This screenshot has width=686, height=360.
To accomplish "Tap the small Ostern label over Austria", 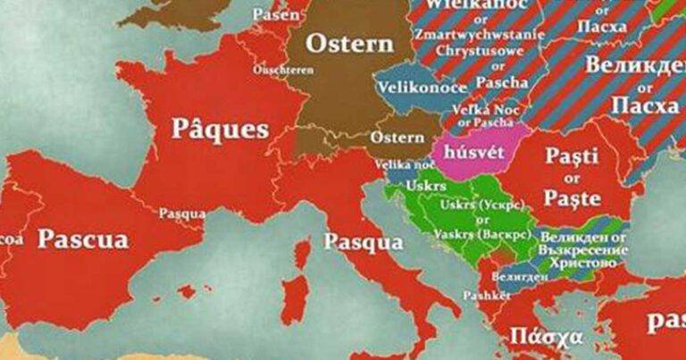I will coord(397,138).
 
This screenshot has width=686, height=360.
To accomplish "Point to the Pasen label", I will coord(276,15).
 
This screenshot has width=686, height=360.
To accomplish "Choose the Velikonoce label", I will coord(411,88).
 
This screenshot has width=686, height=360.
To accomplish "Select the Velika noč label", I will coord(405,164).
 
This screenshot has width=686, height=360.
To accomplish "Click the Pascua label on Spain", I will coord(84,239).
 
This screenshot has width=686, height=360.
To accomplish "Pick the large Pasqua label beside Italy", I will coord(363,241).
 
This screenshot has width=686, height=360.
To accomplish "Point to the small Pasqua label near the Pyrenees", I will coord(181,213).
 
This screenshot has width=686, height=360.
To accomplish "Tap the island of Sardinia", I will coord(296,298).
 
